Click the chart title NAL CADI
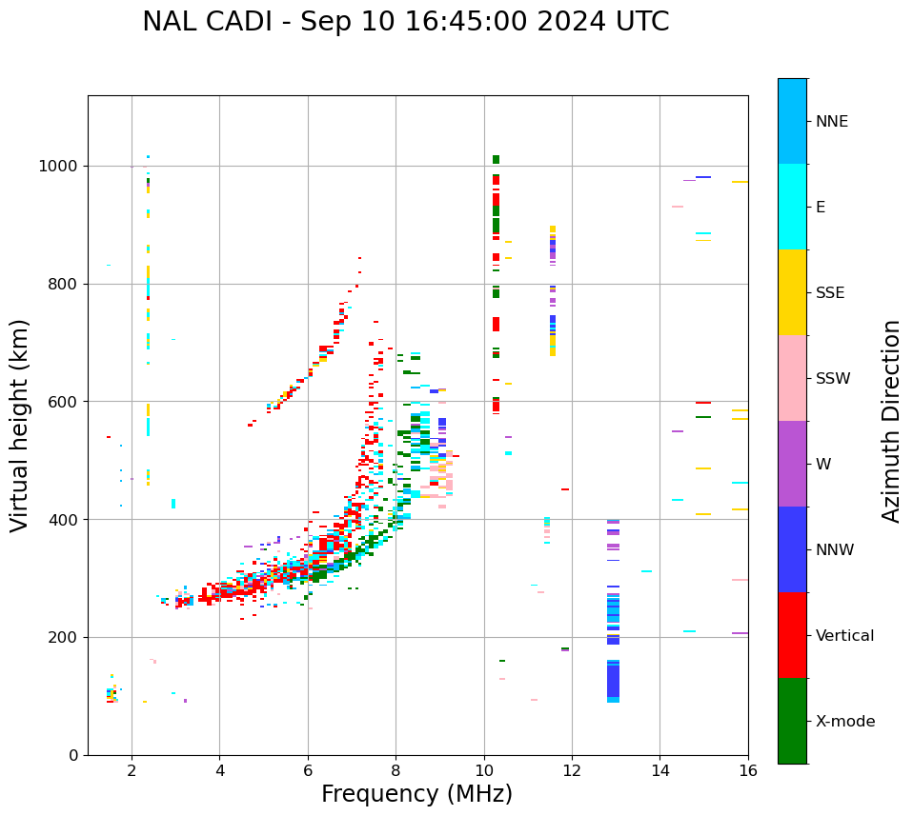(x=405, y=22)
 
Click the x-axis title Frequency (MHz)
(x=416, y=794)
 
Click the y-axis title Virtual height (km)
(x=20, y=425)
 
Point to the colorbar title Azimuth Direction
(x=891, y=421)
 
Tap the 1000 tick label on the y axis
(x=59, y=167)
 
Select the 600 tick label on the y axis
(x=64, y=402)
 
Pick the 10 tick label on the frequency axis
(x=484, y=771)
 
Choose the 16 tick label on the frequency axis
(x=748, y=771)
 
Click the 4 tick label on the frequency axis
(x=219, y=771)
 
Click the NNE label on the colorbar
(x=832, y=122)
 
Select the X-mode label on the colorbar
(x=845, y=722)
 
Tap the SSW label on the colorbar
(x=833, y=379)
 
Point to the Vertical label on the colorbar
(x=844, y=636)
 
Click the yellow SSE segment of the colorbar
(x=792, y=292)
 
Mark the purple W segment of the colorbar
(x=792, y=464)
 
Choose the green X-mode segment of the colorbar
(x=792, y=721)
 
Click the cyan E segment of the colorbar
(x=792, y=207)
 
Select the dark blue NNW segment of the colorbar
(x=792, y=549)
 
